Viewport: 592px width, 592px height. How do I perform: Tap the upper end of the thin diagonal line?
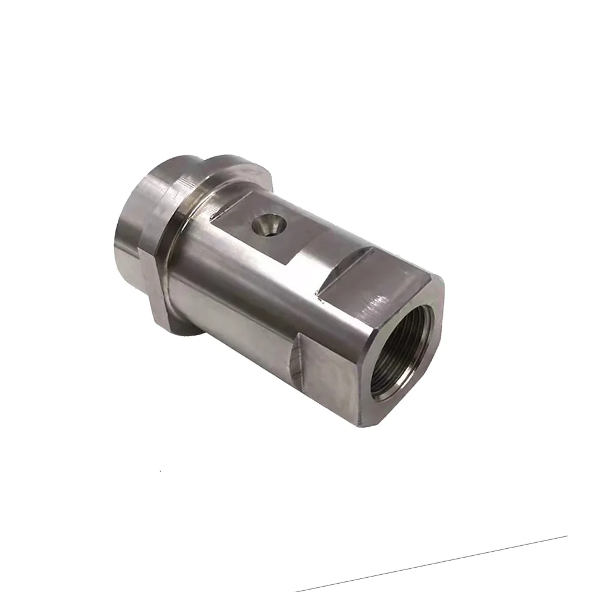pos(566,537)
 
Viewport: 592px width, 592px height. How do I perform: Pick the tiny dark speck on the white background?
pos(160,471)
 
